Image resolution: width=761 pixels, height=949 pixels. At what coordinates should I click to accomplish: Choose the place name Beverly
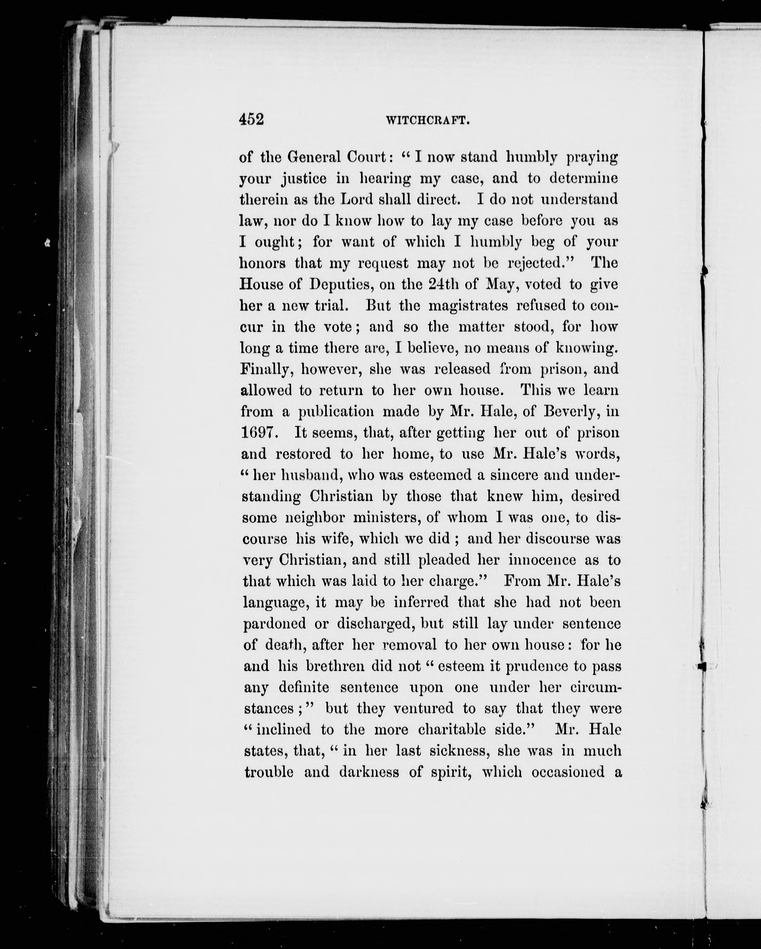point(571,412)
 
